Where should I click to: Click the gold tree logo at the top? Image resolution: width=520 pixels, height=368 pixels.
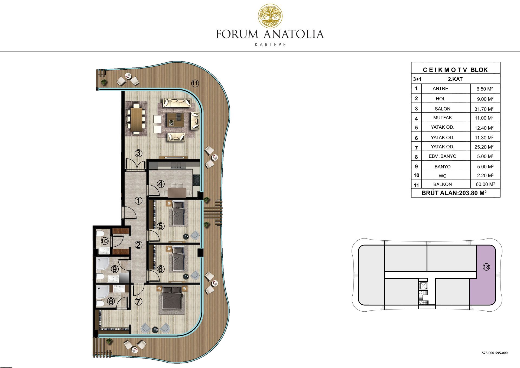[270, 16]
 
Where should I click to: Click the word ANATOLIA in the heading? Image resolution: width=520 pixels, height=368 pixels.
[293, 34]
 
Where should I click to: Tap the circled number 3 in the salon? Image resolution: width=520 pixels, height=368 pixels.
[138, 153]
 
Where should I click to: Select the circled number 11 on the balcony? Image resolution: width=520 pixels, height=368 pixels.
[195, 83]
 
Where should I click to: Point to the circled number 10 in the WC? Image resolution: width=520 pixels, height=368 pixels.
[105, 241]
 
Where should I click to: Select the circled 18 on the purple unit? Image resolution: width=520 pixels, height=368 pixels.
[486, 267]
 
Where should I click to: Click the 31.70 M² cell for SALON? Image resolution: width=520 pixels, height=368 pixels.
[484, 109]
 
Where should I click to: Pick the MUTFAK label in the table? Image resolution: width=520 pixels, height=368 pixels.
[443, 118]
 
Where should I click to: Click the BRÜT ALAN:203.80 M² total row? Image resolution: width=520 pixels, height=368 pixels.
[454, 193]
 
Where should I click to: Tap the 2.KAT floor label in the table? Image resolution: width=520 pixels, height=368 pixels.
[455, 79]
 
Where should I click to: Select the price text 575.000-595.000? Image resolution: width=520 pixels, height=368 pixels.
[495, 353]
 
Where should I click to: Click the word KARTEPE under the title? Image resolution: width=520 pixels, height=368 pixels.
[270, 45]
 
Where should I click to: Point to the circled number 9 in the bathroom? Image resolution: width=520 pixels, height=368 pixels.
[115, 269]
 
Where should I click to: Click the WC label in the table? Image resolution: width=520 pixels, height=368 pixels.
[443, 176]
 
